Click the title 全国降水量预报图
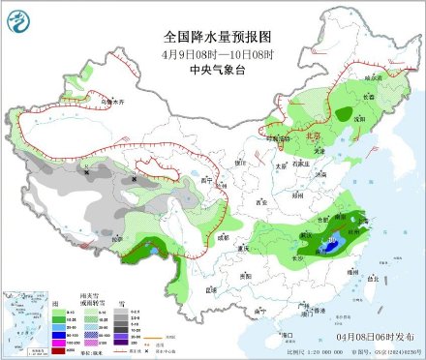coord(212,35)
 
